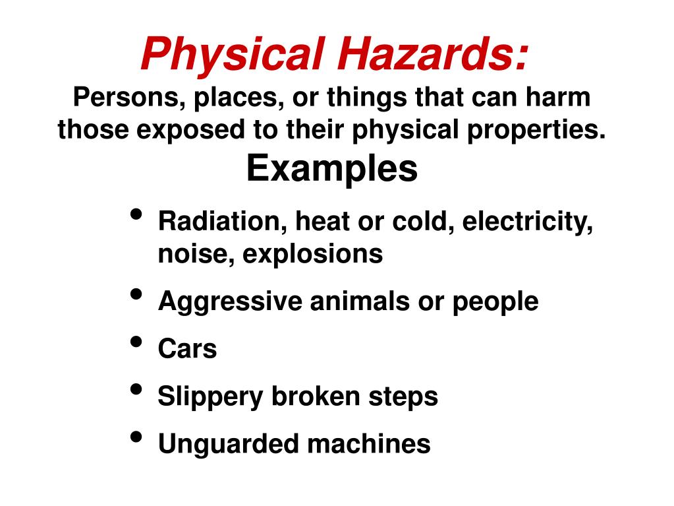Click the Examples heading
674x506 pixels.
coord(332,169)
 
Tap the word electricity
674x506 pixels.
coord(528,222)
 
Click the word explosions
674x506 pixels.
coord(312,254)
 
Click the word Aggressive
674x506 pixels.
coord(230,302)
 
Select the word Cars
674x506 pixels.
coord(187,349)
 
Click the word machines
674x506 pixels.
coord(369,444)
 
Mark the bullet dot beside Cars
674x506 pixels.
coord(136,342)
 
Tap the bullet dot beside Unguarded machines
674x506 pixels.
coord(136,437)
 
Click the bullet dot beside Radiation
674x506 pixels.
coord(136,216)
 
